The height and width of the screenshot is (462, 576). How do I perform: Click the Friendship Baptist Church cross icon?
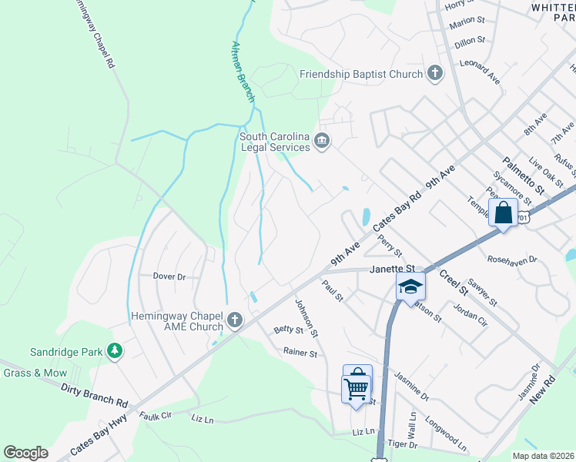(435, 74)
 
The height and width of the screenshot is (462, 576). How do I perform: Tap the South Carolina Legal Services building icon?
(322, 141)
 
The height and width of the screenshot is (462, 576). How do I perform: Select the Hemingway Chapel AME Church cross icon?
(234, 320)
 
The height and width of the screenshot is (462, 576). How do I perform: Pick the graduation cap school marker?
(410, 286)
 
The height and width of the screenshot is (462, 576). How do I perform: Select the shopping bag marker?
(503, 213)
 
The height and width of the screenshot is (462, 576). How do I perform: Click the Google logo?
(25, 453)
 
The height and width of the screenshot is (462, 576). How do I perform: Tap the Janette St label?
(393, 269)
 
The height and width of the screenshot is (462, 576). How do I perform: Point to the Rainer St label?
(300, 353)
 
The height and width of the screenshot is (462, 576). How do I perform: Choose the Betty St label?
(289, 330)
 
